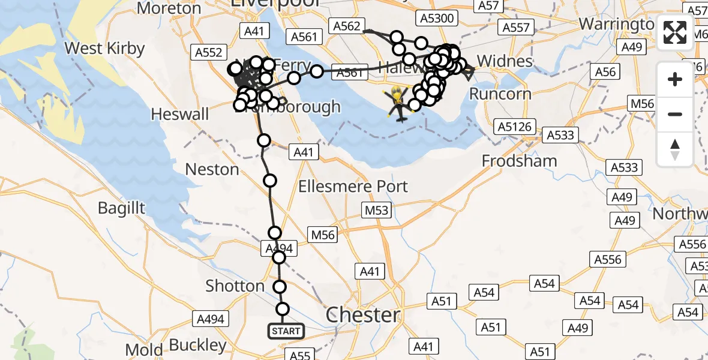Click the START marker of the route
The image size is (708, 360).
point(286,331)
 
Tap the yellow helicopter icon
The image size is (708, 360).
point(398,102)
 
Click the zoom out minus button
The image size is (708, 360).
point(675,114)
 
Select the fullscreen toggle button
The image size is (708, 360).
point(675,32)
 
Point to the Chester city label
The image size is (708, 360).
point(362,315)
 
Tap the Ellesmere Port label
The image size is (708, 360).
point(353,186)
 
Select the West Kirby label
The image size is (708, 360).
point(104,49)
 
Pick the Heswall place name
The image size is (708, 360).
point(180,114)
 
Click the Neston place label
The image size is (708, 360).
point(212,170)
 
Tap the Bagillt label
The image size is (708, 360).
point(122,208)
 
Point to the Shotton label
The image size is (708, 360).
point(235,286)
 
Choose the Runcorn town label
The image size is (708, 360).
point(500,94)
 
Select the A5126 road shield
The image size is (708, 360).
point(514,127)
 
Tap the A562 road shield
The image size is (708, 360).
point(346,26)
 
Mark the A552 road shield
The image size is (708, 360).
point(208,52)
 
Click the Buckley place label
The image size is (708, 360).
point(197,346)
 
